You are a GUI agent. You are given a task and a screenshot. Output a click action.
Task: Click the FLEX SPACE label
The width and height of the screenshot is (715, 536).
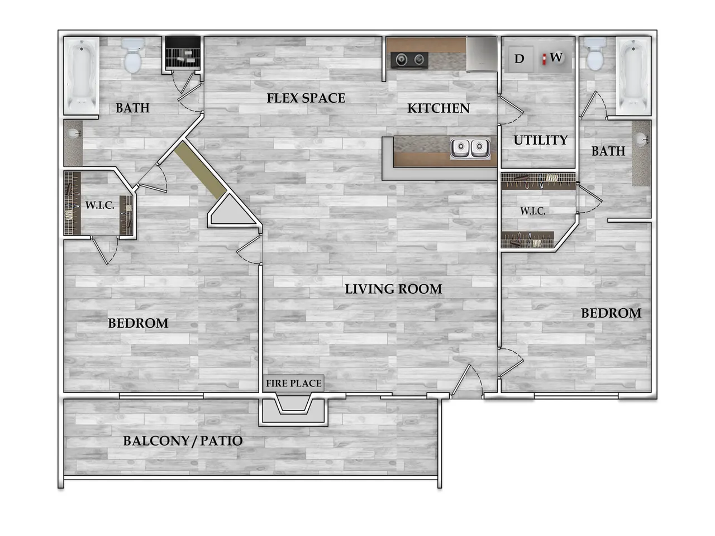pyautogui.click(x=306, y=98)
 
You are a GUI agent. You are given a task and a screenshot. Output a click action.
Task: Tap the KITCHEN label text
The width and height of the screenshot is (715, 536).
pyautogui.click(x=438, y=108)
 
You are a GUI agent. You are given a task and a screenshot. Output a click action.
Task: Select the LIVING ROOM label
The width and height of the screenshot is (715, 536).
pyautogui.click(x=393, y=289)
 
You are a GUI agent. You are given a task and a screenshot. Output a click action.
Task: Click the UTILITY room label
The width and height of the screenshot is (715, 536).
pyautogui.click(x=540, y=140)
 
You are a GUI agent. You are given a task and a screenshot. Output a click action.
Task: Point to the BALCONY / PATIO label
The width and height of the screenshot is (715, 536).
pyautogui.click(x=183, y=441)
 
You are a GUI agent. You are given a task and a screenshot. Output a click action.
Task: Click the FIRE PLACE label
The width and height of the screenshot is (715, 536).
pyautogui.click(x=293, y=384)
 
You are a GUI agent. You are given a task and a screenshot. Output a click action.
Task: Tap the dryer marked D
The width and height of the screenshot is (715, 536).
pyautogui.click(x=519, y=59)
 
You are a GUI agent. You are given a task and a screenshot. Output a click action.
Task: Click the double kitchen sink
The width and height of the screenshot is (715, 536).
pyautogui.click(x=470, y=147)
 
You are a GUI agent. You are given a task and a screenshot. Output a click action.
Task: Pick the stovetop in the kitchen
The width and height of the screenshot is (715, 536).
pyautogui.click(x=409, y=60)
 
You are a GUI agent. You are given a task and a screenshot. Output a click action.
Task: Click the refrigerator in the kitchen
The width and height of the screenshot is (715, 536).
pyautogui.click(x=482, y=54)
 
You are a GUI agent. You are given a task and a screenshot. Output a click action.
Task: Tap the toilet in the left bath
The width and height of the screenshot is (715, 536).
pyautogui.click(x=132, y=56)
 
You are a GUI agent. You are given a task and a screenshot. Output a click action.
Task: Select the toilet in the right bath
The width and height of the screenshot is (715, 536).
pyautogui.click(x=595, y=54)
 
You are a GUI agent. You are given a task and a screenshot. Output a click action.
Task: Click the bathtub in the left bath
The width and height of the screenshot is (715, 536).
pyautogui.click(x=82, y=75)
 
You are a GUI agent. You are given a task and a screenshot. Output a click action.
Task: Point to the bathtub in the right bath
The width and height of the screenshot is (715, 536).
pyautogui.click(x=633, y=75)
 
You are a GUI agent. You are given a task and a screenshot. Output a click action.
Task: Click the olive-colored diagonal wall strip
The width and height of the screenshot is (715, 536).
pyautogui.click(x=201, y=170)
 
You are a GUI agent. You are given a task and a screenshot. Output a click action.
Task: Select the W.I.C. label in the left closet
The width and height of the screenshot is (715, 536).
pyautogui.click(x=99, y=205)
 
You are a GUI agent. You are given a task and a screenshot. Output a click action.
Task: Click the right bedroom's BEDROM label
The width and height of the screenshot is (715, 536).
pyautogui.click(x=611, y=313)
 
